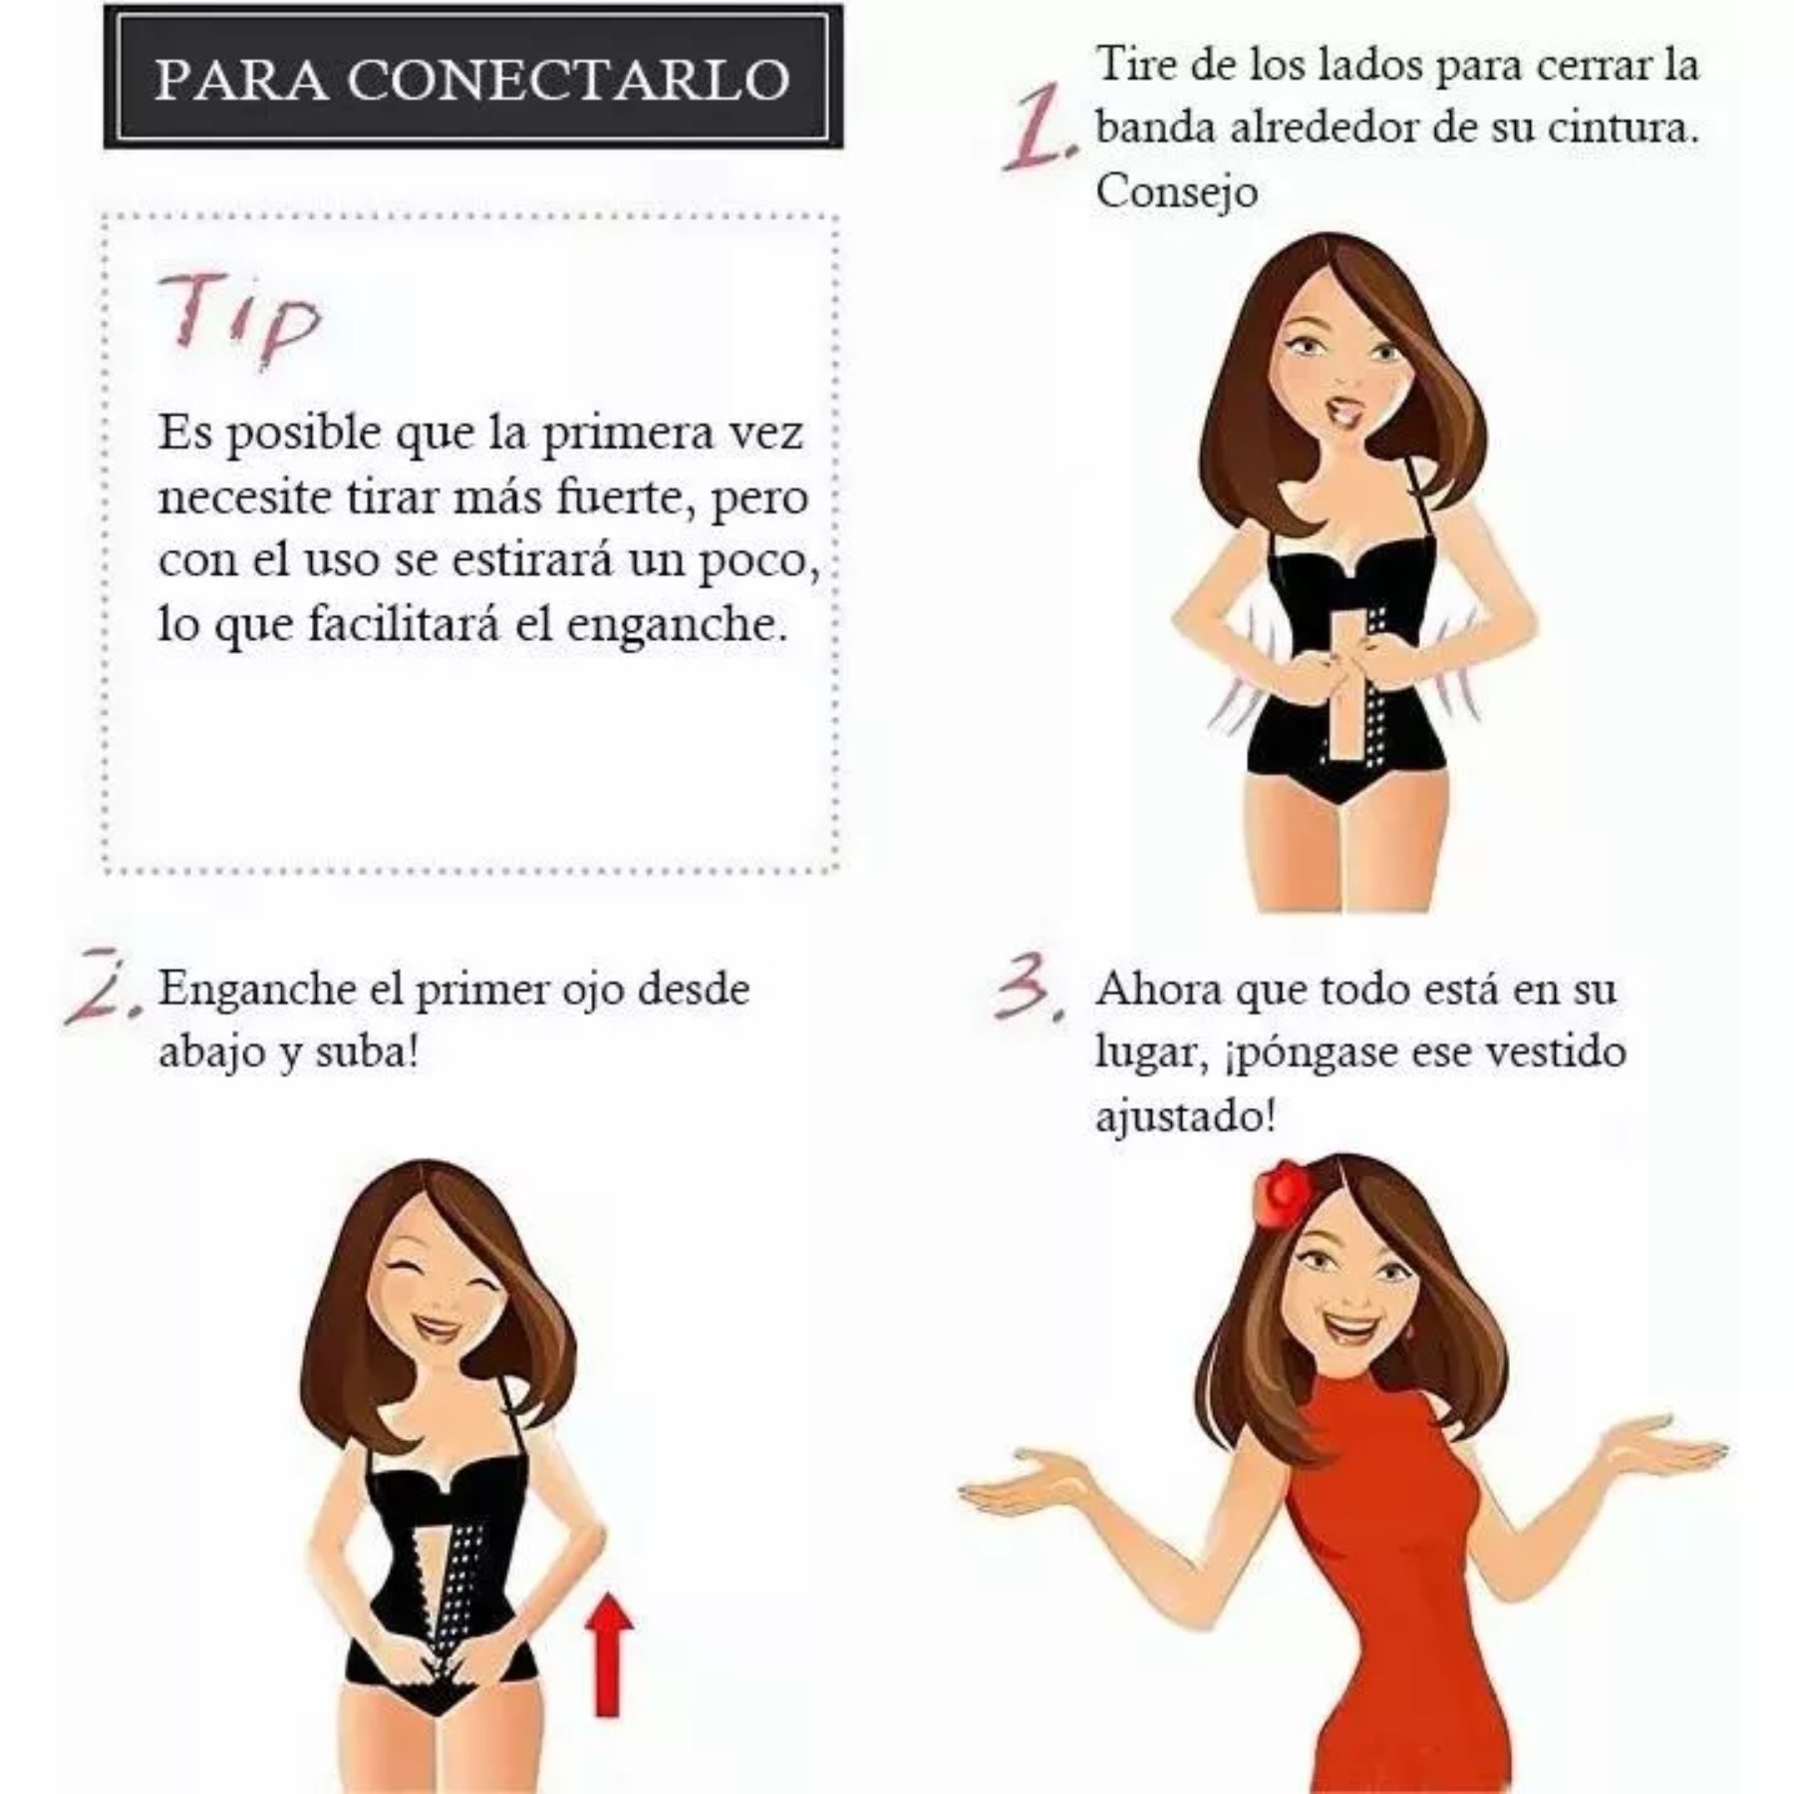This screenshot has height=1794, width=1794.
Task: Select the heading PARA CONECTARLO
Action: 472,79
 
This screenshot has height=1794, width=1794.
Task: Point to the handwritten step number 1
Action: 1039,129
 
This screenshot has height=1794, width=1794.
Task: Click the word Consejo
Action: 1176,190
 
